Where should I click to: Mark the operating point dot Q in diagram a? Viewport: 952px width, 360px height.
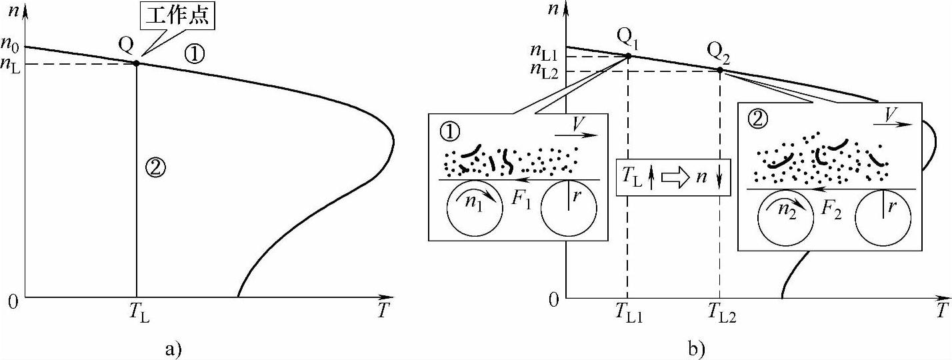[x=137, y=63]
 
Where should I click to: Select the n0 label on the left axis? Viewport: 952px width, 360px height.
[x=11, y=47]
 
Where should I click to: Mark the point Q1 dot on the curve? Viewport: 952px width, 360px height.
[x=629, y=56]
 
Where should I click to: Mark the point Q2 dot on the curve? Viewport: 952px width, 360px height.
[x=720, y=70]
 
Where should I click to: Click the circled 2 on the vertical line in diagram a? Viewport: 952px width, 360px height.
[x=155, y=169]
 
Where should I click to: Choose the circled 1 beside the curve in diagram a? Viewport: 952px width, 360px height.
[x=194, y=54]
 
